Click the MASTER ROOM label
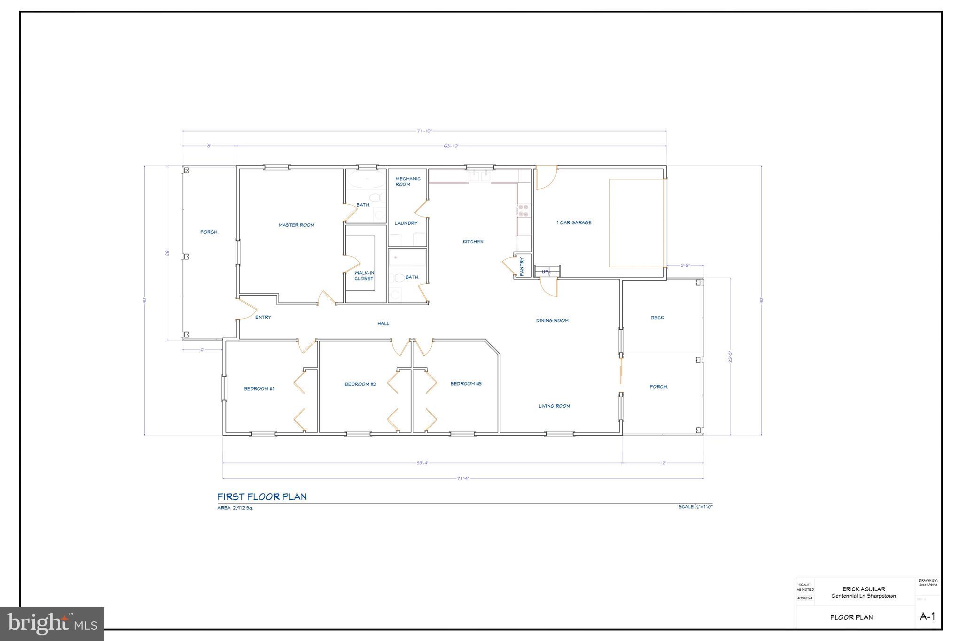pos(296,225)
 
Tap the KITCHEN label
pos(473,241)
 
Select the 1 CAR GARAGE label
pos(574,223)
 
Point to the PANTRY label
pos(522,266)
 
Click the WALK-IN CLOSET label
pos(364,276)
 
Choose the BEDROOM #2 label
pos(360,384)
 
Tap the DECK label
pos(658,318)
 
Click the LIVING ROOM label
pos(554,406)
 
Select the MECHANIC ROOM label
pos(408,181)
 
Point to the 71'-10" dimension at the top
pos(424,131)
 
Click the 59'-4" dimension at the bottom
pos(422,463)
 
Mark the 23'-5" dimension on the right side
pos(730,357)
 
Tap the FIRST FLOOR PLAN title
pos(262,497)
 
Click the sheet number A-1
pos(927,617)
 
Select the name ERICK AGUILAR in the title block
pos(863,589)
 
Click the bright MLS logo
pos(52,624)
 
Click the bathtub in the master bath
pos(365,180)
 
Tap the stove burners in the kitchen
pos(523,210)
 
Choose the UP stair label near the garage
pos(545,271)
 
